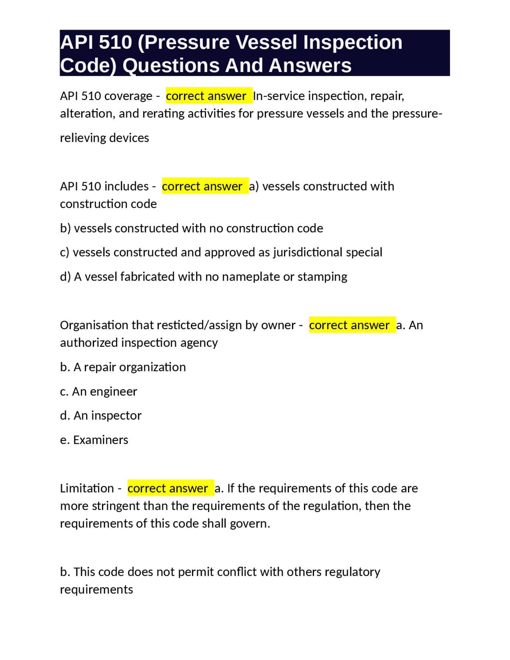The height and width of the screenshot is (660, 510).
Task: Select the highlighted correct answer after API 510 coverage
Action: (x=206, y=96)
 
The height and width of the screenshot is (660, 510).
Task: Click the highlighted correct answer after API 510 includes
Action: (x=202, y=186)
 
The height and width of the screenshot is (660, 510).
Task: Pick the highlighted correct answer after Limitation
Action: (x=168, y=488)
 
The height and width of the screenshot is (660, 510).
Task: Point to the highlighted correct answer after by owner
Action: (x=349, y=325)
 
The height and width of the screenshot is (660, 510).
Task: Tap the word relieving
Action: (x=83, y=138)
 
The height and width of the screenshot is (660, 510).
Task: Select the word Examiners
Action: (x=101, y=440)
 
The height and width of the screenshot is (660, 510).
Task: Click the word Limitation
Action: (x=87, y=488)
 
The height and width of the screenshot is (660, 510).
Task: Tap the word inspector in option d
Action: (x=116, y=416)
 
